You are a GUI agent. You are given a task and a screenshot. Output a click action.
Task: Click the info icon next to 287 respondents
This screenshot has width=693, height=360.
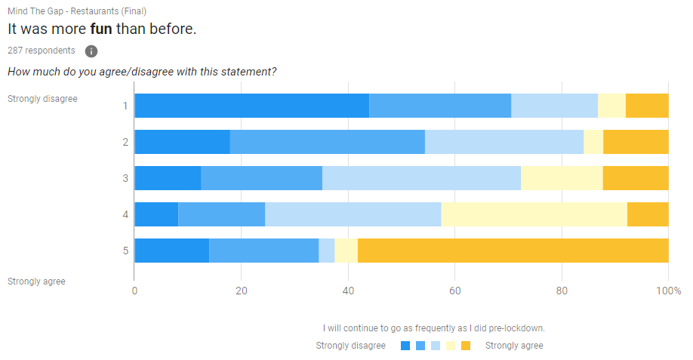pos(91,51)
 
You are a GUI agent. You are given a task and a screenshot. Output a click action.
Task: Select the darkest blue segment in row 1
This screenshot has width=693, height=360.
pos(251,106)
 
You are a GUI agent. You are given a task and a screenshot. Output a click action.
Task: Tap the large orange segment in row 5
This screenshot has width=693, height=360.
pos(513,251)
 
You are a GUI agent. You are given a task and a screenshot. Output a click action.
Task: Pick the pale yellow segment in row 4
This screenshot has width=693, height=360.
pos(534,214)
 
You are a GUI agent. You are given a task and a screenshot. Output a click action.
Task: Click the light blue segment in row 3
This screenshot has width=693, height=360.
pos(421,178)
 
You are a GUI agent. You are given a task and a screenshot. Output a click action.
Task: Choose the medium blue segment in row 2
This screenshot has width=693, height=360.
pos(327,142)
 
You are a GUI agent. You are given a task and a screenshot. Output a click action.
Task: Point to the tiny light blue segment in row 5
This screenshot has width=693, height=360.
pos(326,251)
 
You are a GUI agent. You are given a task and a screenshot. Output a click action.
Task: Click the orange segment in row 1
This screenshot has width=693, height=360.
pos(647,106)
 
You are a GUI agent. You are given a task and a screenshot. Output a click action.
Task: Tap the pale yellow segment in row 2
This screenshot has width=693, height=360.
pos(593,142)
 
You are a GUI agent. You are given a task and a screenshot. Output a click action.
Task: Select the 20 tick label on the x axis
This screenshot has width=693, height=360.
pos(241,291)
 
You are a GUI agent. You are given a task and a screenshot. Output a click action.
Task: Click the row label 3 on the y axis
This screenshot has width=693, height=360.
pos(126,178)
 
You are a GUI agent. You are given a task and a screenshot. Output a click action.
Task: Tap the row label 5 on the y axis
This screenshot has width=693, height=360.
pos(126,251)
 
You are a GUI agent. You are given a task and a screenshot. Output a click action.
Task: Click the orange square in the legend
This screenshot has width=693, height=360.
pos(466,346)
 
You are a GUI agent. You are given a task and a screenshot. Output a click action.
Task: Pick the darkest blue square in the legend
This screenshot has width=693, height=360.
pos(405,346)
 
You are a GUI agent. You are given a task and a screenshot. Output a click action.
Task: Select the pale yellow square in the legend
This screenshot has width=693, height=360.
pos(451,346)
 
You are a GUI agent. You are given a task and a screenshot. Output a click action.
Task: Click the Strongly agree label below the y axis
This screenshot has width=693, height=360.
pos(36,282)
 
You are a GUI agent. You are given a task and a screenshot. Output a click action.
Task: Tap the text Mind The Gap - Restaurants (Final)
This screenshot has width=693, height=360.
pos(77,11)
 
